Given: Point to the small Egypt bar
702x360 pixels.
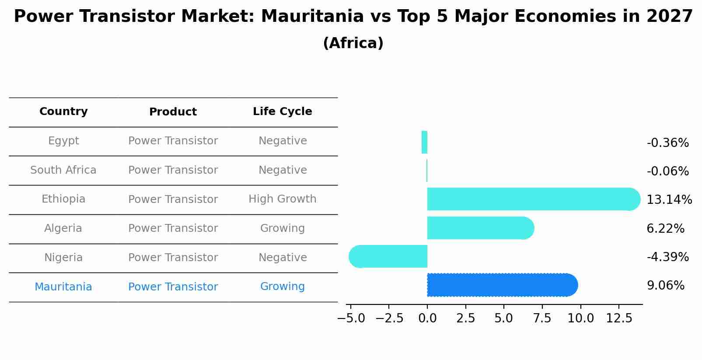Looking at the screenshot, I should coord(424,142).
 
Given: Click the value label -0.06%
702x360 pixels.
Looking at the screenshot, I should coord(667,171).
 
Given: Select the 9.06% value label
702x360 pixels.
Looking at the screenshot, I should coord(665,286).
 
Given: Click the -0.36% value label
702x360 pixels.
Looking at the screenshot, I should coord(667,143).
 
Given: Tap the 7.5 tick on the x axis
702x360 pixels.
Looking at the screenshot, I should coord(542,318).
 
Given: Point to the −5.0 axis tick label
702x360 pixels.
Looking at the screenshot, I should coord(351,318).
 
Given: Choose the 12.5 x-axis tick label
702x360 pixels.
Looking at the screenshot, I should coord(619,318).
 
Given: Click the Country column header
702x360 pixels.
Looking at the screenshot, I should coord(63,112).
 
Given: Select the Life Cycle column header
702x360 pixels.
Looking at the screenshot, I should coord(282,112).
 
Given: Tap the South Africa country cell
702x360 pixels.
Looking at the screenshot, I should coord(63,170).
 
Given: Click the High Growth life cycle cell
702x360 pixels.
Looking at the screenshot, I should coord(282,199).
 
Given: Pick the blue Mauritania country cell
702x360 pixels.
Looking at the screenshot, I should coord(63,287).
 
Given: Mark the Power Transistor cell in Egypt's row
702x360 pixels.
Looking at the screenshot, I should coord(173,141).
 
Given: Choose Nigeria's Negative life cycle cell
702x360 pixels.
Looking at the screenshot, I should coord(282,257).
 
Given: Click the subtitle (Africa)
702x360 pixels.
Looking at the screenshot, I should coord(353,43).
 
